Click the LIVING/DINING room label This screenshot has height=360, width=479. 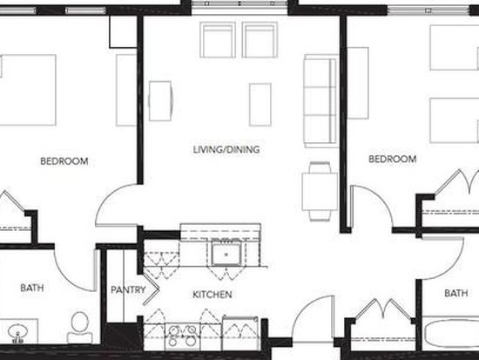[x=226, y=150]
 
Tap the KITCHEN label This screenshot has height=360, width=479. [x=213, y=295]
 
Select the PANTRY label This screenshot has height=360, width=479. [x=128, y=289]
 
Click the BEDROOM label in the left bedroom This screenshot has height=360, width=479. [x=64, y=161]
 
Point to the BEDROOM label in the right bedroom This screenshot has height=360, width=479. [x=393, y=159]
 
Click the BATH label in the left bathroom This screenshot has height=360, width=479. [x=32, y=288]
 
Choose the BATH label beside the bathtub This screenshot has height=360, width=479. [x=456, y=294]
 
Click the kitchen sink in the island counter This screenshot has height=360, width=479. [x=226, y=254]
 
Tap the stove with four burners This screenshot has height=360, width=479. [x=182, y=336]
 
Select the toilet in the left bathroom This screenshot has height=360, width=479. [x=80, y=327]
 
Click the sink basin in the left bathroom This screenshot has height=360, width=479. [x=17, y=333]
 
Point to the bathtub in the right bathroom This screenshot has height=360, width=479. [x=451, y=334]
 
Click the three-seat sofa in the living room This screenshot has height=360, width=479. [x=320, y=100]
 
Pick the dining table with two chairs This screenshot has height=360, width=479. [x=320, y=192]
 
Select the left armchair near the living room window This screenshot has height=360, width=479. [x=218, y=40]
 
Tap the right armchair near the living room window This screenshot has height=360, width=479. [x=260, y=40]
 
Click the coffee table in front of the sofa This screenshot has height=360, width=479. [x=260, y=105]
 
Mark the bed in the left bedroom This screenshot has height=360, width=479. [x=28, y=90]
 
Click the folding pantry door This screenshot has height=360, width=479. [x=151, y=289]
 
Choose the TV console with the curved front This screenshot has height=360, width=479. [x=161, y=101]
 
